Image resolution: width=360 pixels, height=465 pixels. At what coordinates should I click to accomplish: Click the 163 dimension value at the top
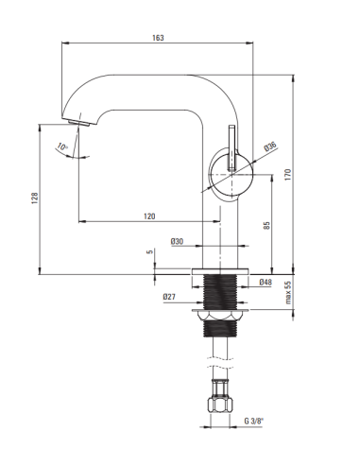158,38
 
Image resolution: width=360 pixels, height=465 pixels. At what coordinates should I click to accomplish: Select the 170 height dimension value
288,175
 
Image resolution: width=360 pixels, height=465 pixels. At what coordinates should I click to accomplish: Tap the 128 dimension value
35,198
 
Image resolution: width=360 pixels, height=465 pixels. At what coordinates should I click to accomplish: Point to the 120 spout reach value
149,216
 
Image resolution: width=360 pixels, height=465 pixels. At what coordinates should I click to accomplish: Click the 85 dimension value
266,225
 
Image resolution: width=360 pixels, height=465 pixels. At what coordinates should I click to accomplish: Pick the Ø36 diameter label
270,146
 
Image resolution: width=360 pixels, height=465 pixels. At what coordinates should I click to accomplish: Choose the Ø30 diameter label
177,242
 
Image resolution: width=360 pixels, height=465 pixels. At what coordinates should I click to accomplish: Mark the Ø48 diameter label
266,282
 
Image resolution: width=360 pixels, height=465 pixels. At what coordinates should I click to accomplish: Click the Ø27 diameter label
169,297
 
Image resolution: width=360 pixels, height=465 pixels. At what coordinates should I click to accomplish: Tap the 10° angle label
62,146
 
